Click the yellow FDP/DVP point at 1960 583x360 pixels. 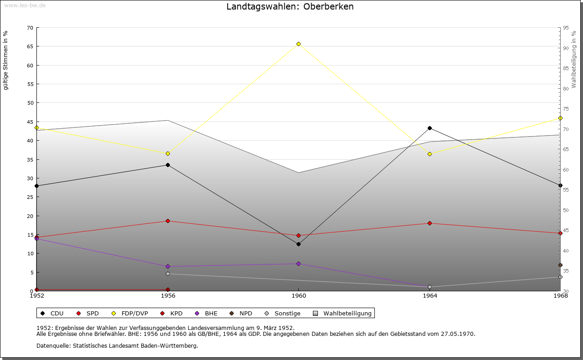pyautogui.click(x=298, y=44)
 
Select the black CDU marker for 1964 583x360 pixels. pyautogui.click(x=430, y=128)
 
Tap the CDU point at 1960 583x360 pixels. pyautogui.click(x=298, y=244)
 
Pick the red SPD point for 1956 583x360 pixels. pyautogui.click(x=168, y=221)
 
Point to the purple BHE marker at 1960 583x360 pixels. pyautogui.click(x=298, y=264)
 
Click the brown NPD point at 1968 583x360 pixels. pyautogui.click(x=560, y=265)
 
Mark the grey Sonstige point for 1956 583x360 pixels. pyautogui.click(x=168, y=274)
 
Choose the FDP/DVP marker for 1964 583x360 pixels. pyautogui.click(x=430, y=154)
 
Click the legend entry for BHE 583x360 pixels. pyautogui.click(x=211, y=314)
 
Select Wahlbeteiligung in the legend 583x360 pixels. pyautogui.click(x=347, y=314)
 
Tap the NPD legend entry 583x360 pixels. pyautogui.click(x=245, y=314)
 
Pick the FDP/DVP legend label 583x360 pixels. pyautogui.click(x=135, y=314)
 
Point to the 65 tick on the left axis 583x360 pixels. pyautogui.click(x=30, y=46)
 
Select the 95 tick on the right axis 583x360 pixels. pyautogui.click(x=566, y=28)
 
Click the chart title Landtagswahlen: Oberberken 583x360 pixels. pyautogui.click(x=290, y=7)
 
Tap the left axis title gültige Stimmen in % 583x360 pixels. pyautogui.click(x=6, y=60)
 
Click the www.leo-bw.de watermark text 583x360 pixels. pyautogui.click(x=24, y=5)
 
